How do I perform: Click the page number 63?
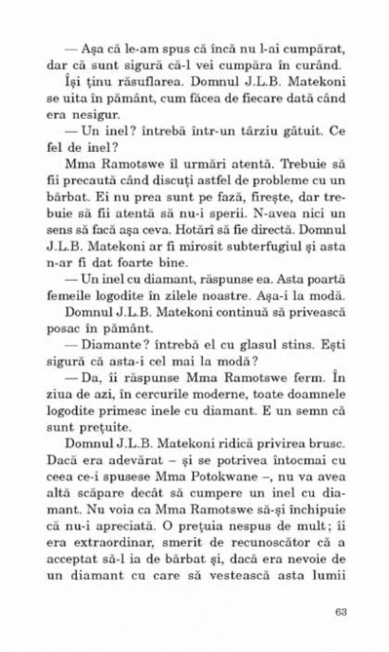(340, 611)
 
